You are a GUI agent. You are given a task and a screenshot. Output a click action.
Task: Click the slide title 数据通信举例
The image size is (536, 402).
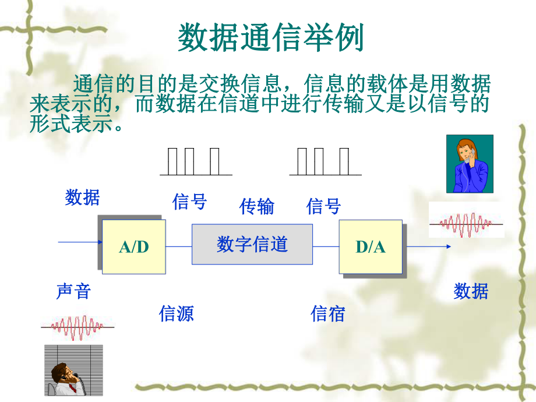click(270, 39)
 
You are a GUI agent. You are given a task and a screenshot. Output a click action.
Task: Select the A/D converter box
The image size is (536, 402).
click(134, 246)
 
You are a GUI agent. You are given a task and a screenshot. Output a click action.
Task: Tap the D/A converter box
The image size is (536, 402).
click(371, 246)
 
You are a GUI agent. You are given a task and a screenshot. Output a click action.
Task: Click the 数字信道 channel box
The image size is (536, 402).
click(252, 244)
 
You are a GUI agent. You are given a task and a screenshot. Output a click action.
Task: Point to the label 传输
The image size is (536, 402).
click(256, 206)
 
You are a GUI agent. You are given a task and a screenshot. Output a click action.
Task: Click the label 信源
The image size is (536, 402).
click(176, 314)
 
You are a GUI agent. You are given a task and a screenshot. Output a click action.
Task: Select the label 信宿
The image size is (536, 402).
click(328, 314)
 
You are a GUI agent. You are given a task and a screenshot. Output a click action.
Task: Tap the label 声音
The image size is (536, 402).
click(73, 291)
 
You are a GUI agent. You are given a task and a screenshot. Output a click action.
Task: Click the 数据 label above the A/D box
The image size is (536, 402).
click(82, 198)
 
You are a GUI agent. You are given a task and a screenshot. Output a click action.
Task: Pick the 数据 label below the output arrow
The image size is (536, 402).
click(471, 291)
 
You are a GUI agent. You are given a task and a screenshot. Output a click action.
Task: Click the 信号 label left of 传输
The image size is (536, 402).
click(189, 202)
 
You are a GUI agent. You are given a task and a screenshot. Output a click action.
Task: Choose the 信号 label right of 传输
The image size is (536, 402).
click(323, 206)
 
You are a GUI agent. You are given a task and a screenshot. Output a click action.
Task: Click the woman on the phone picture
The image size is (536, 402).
click(470, 164)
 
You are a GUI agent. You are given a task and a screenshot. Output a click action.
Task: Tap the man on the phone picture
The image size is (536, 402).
click(73, 370)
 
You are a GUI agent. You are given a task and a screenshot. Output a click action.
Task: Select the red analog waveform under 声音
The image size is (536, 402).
click(77, 327)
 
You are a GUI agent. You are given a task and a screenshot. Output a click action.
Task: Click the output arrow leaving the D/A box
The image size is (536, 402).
click(426, 246)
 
